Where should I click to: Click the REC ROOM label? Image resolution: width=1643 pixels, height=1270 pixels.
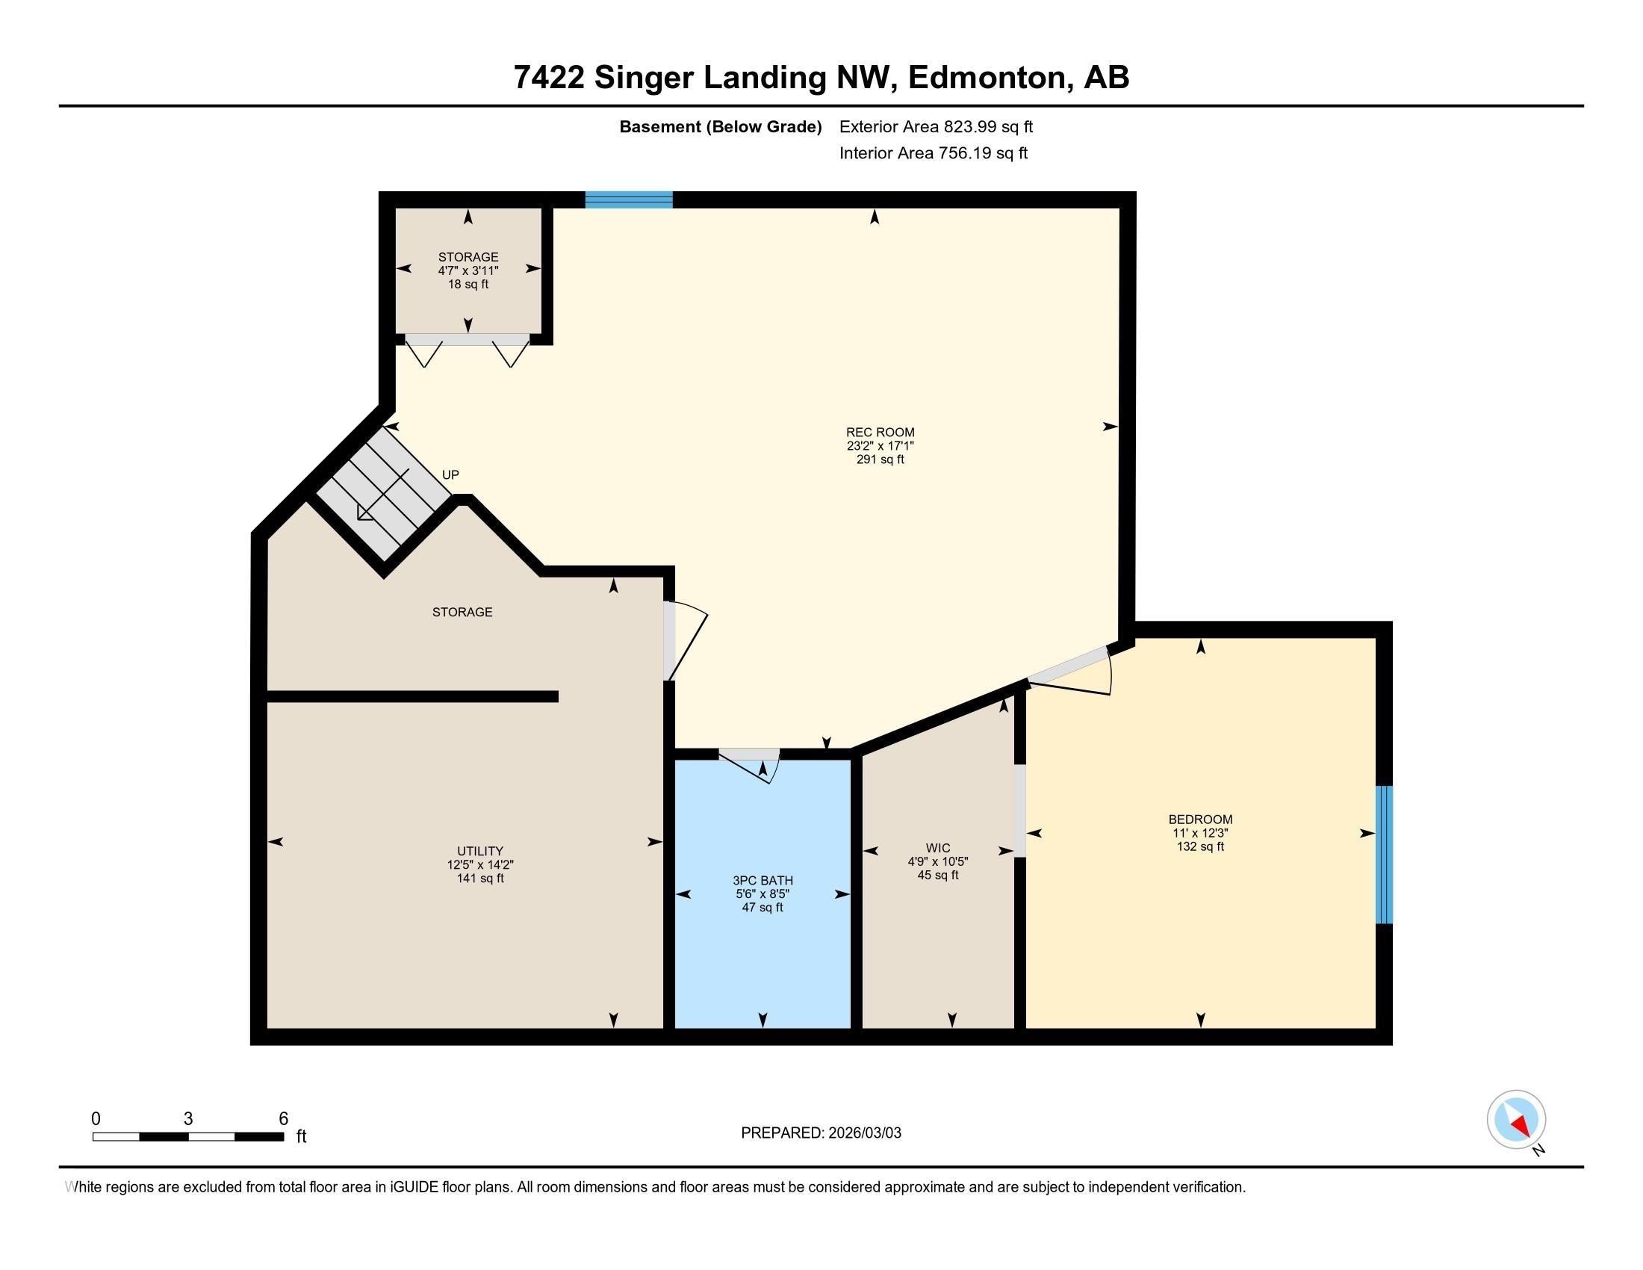[x=880, y=433]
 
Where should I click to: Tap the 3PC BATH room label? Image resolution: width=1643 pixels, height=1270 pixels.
[x=762, y=880]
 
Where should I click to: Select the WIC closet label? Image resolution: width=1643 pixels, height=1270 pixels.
[x=937, y=848]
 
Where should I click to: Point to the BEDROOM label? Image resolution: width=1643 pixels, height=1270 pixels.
[x=1200, y=820]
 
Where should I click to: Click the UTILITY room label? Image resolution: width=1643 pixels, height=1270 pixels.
[x=480, y=852]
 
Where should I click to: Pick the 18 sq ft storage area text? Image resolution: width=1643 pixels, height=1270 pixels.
[x=468, y=285]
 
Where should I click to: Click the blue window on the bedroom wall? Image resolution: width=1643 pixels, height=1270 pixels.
[x=1383, y=854]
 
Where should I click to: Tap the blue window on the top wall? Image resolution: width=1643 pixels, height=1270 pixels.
[x=628, y=199]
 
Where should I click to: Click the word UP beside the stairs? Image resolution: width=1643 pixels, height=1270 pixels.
[x=450, y=474]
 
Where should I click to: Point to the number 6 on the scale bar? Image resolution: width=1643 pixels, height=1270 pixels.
[x=283, y=1119]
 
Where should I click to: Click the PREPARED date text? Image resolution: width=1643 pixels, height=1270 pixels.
[x=820, y=1133]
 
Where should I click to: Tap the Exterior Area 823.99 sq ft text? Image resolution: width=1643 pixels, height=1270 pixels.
[x=935, y=127]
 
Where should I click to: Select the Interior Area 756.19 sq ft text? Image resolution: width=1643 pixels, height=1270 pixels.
[x=933, y=153]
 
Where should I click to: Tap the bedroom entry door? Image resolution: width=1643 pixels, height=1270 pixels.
[x=1072, y=672]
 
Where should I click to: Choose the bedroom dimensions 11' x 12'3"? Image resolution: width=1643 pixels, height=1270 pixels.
[x=1200, y=833]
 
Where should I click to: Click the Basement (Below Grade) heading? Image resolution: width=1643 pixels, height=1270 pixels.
[x=720, y=127]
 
